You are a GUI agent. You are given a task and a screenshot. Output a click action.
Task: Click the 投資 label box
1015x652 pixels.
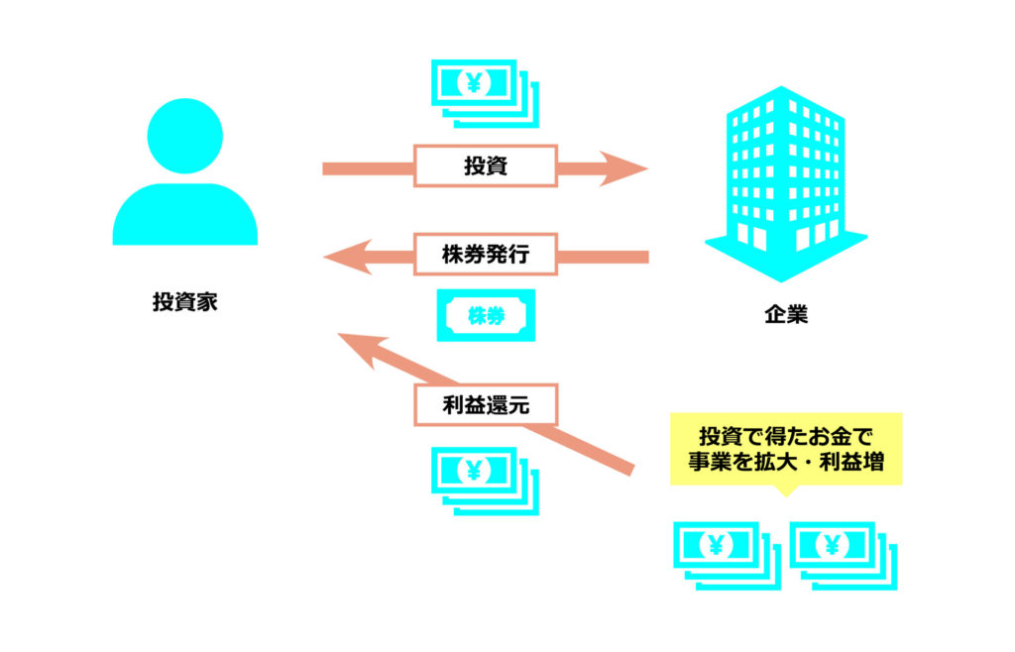click(485, 166)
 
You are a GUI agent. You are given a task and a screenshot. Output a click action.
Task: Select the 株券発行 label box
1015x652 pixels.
click(485, 255)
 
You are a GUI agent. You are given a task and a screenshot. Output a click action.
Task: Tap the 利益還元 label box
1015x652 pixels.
click(485, 404)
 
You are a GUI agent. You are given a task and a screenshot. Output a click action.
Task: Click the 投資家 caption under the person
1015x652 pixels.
click(184, 302)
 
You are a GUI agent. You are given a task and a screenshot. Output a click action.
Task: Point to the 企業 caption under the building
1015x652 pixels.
click(785, 315)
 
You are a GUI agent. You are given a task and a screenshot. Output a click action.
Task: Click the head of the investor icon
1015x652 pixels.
click(185, 137)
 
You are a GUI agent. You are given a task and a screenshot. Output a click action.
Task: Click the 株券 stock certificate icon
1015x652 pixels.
click(486, 315)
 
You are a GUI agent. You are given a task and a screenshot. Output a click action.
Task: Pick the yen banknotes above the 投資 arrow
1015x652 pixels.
click(484, 91)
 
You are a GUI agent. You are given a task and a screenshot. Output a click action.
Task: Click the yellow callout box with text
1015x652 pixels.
click(786, 448)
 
